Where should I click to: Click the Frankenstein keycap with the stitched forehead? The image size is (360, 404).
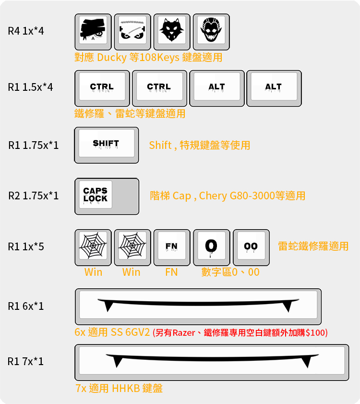(132, 32)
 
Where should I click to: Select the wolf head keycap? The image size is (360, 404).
(172, 32)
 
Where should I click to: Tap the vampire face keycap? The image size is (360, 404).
(211, 32)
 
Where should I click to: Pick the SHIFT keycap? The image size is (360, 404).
(106, 145)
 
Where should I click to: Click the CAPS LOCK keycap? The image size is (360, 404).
(107, 196)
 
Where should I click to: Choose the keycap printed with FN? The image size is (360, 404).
(172, 247)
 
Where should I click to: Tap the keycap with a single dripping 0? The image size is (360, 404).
(211, 247)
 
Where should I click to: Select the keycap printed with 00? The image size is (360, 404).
(251, 247)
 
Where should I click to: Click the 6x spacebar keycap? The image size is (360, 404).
(198, 306)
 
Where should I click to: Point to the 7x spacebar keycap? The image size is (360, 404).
(211, 362)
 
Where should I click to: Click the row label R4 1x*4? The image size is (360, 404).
(26, 31)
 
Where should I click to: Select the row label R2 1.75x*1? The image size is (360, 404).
(34, 196)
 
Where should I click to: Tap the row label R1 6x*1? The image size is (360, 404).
(26, 306)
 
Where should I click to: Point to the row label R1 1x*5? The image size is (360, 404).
(26, 246)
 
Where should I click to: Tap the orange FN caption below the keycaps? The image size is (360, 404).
(171, 272)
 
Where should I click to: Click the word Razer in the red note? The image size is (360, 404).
(184, 332)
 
